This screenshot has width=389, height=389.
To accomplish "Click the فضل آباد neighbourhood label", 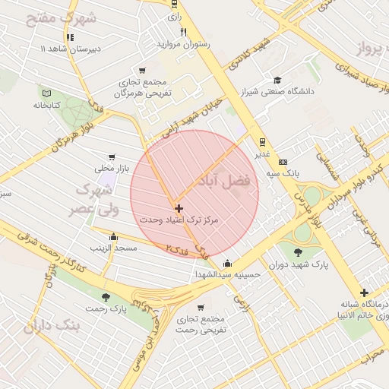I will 228,182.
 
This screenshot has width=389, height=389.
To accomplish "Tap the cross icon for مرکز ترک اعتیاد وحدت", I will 179,207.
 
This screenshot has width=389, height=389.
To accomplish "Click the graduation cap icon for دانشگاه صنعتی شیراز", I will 277,80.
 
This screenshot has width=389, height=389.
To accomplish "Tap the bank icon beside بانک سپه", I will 283,162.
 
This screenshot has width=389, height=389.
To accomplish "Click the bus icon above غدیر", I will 262,141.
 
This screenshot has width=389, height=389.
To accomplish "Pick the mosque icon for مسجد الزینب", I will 113,237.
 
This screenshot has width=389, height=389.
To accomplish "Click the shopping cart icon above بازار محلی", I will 112,157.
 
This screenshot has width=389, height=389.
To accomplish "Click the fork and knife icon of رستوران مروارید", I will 183,32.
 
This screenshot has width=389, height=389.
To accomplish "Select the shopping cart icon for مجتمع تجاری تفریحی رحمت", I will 200,308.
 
